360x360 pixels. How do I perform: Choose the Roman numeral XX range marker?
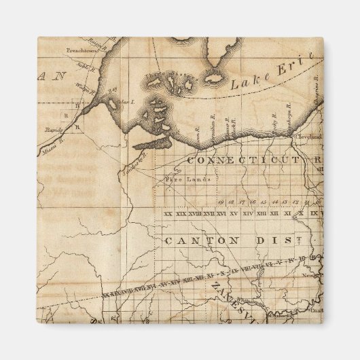point(168,215)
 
